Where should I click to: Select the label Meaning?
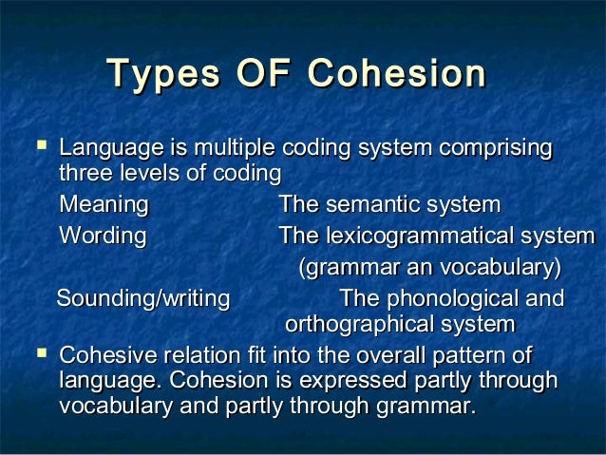(x=104, y=205)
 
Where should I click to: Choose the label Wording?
(x=103, y=236)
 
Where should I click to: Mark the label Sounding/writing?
(x=143, y=299)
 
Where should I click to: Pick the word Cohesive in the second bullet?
(x=104, y=356)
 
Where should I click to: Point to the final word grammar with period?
(x=425, y=408)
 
